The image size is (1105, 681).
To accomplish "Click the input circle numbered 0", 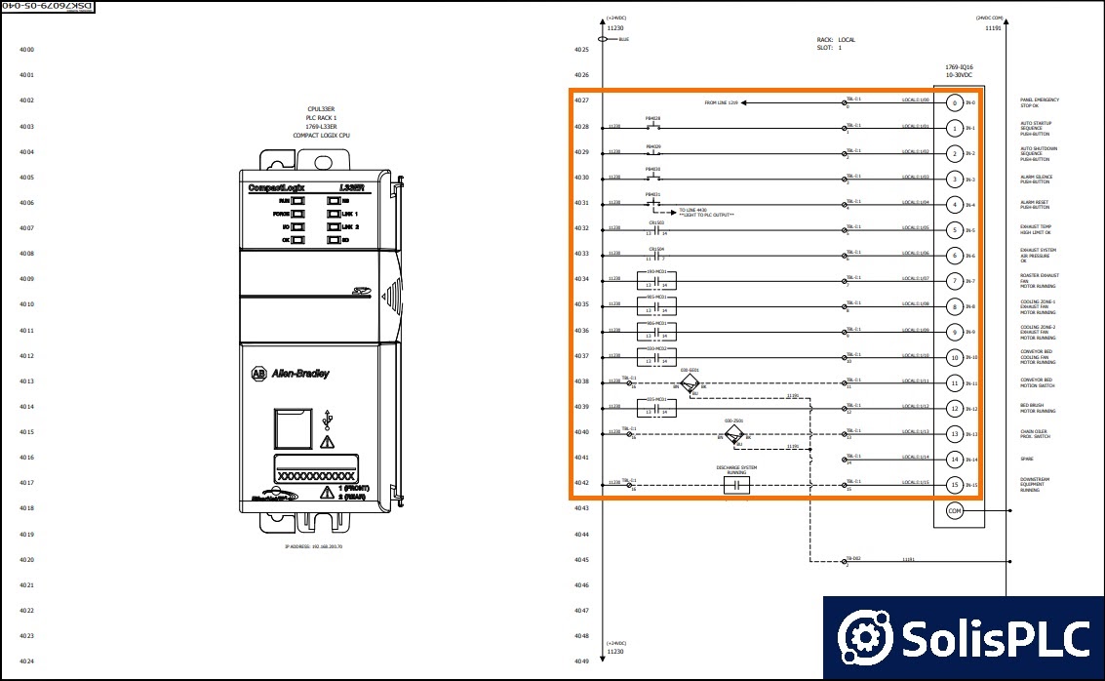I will [x=955, y=102].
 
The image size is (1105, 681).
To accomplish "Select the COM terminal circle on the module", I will [x=955, y=510].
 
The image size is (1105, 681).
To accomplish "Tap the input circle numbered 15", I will [x=955, y=485].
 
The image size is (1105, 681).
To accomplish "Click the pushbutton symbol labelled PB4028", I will [x=653, y=126].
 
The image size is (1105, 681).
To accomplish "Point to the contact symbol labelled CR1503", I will [x=655, y=230].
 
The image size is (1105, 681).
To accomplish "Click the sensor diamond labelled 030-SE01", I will [x=691, y=385].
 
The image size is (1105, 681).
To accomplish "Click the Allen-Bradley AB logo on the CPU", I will [x=258, y=374].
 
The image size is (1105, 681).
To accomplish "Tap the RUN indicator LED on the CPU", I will [x=297, y=200].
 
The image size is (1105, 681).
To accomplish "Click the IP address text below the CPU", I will [x=313, y=546].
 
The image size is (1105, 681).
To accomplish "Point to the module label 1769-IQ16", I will [x=959, y=67].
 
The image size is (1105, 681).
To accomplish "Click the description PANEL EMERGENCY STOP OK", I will [x=1040, y=102].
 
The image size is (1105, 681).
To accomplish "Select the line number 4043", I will [x=581, y=508].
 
